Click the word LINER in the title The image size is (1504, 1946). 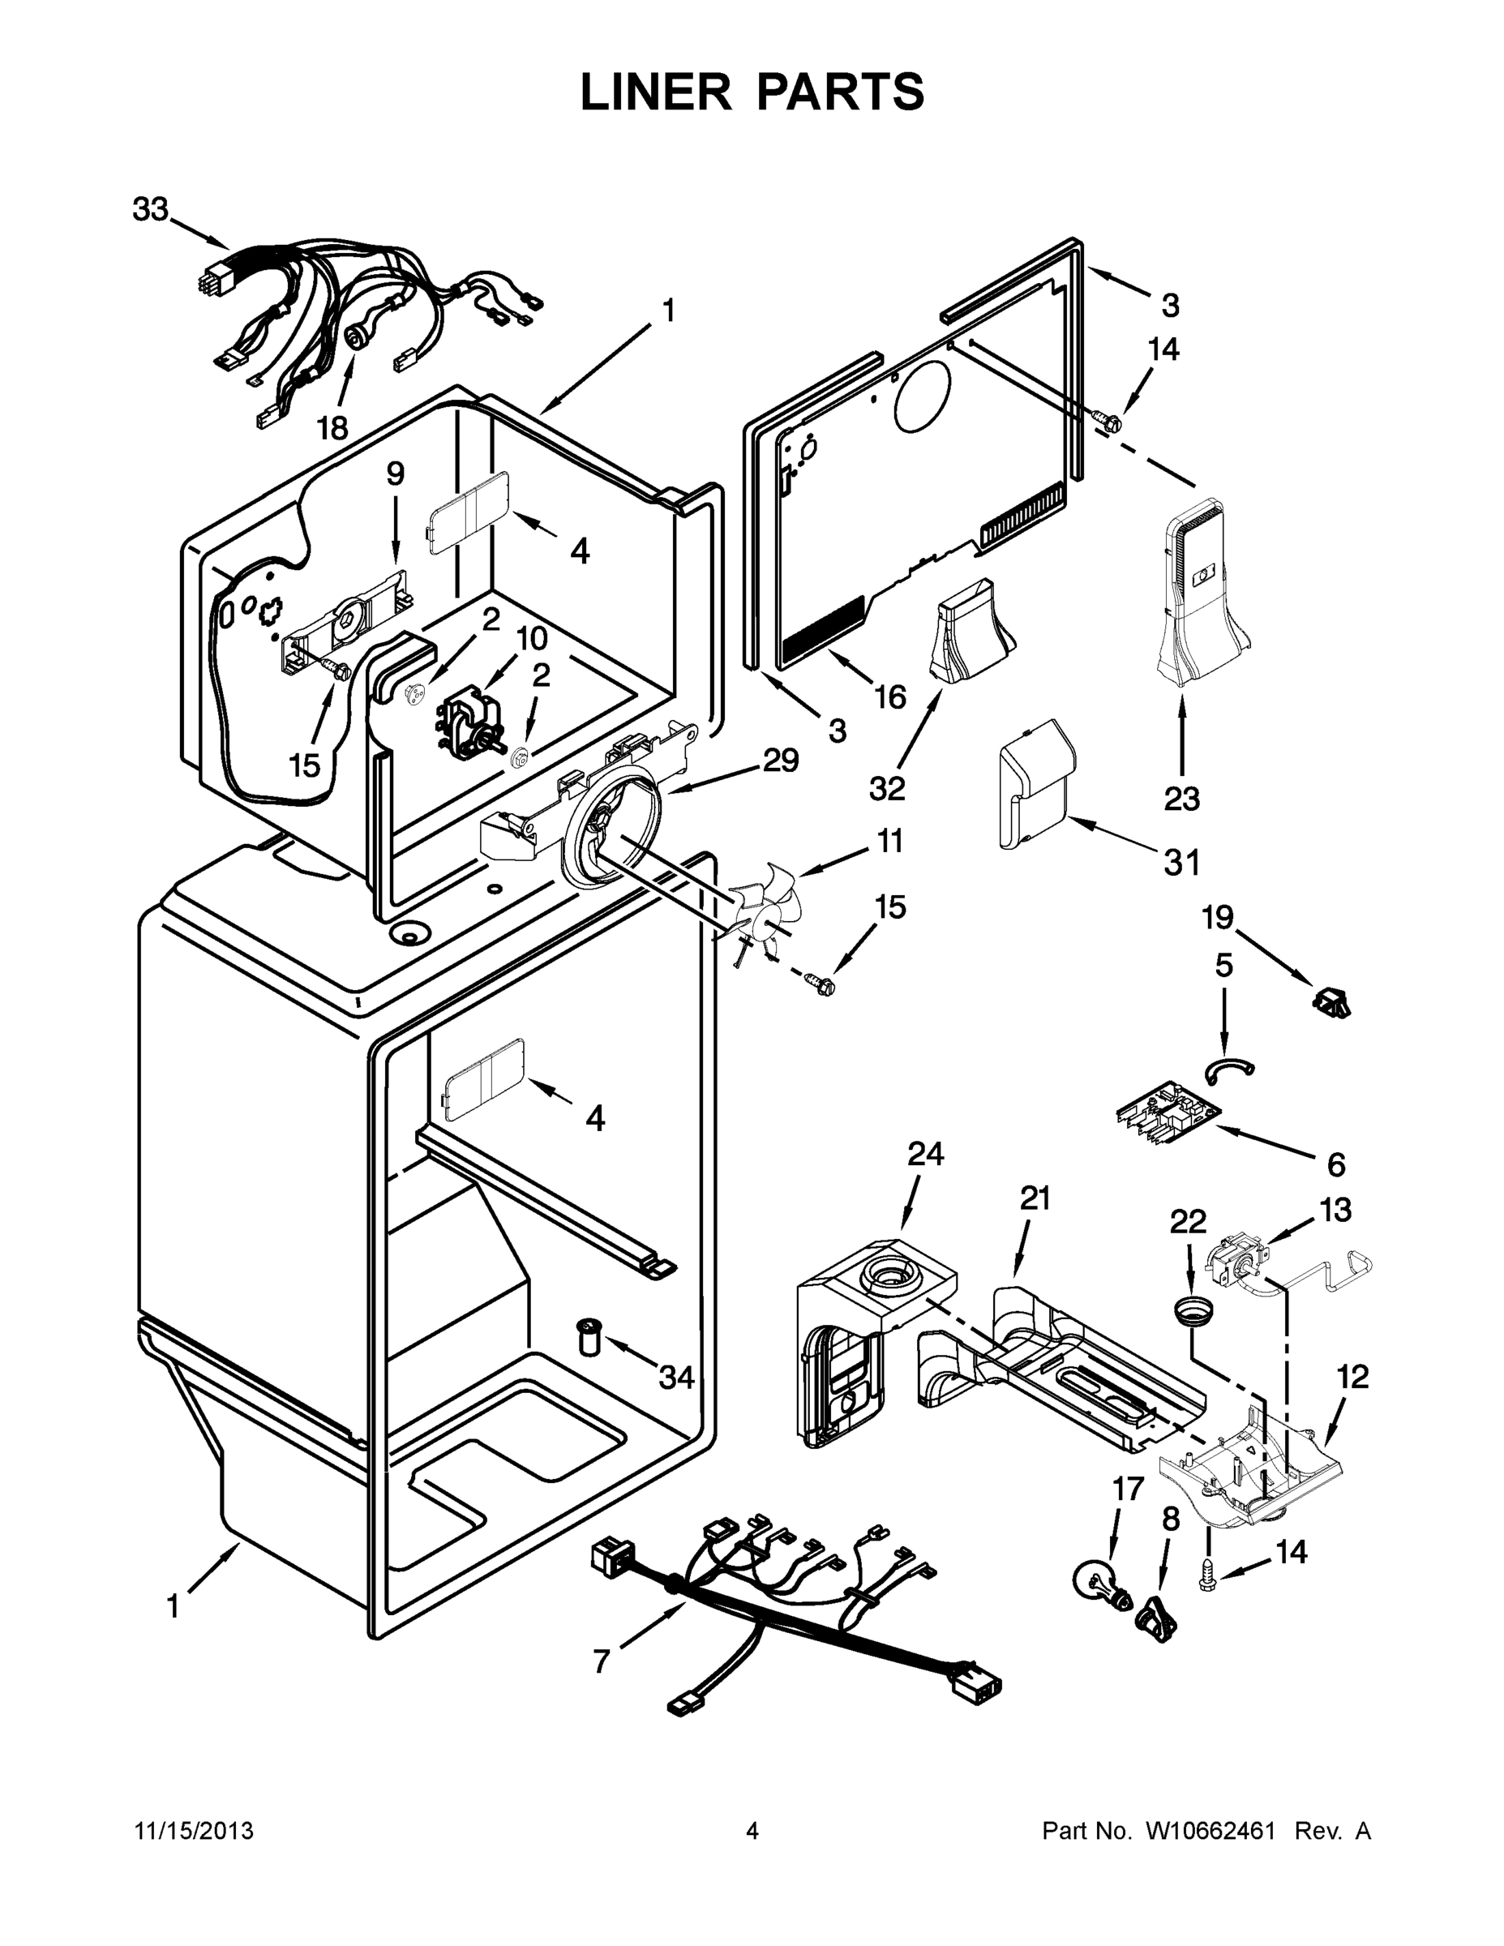[x=655, y=92]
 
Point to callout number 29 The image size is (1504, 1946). [x=780, y=760]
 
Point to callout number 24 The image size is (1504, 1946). [x=925, y=1154]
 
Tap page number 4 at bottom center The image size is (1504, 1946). [x=752, y=1832]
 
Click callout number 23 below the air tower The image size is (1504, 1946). [x=1181, y=799]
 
